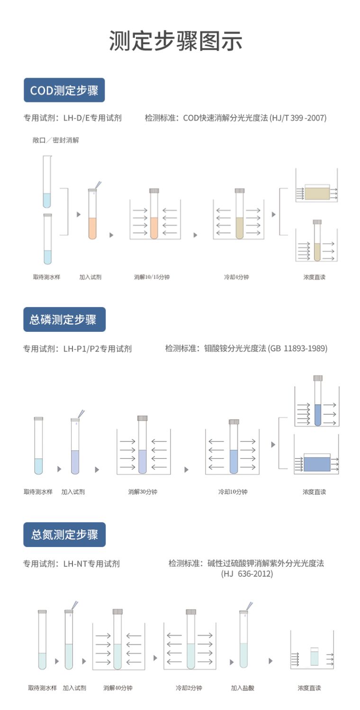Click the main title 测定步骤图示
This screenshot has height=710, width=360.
pos(176,41)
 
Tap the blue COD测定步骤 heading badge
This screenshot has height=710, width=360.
pos(64,90)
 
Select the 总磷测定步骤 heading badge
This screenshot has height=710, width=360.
pos(64,319)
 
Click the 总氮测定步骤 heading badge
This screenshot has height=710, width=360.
pos(64,535)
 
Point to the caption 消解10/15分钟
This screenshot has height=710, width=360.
pos(152,277)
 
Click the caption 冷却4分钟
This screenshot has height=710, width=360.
pos(236,277)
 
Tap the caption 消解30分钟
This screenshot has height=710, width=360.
pos(143,492)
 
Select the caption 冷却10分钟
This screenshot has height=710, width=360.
pos(233,492)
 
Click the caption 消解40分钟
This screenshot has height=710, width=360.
pos(118,688)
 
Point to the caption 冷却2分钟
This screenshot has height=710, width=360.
pos(189,688)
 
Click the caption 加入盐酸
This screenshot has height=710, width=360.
pos(243,688)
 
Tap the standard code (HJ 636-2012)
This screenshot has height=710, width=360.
pos(247,573)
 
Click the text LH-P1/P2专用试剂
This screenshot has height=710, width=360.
pos(97,349)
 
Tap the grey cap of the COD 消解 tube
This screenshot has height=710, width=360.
pos(154,191)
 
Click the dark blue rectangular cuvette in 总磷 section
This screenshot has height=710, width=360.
pos(317,463)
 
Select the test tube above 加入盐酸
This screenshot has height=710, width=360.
pos(243,640)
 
